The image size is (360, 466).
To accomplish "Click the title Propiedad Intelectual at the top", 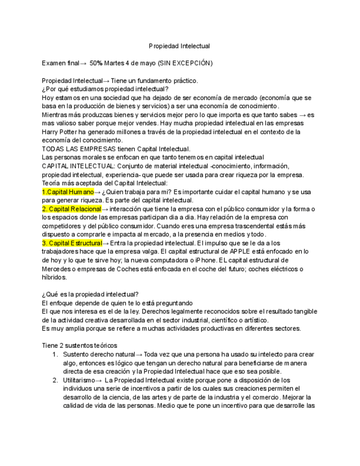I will [x=179, y=46].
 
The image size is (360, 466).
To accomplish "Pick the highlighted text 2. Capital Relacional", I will [x=72, y=209].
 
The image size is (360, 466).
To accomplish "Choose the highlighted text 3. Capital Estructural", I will [x=72, y=243].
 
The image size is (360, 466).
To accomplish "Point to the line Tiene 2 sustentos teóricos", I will [x=79, y=345].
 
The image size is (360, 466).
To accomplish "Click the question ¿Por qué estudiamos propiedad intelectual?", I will [x=105, y=89].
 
